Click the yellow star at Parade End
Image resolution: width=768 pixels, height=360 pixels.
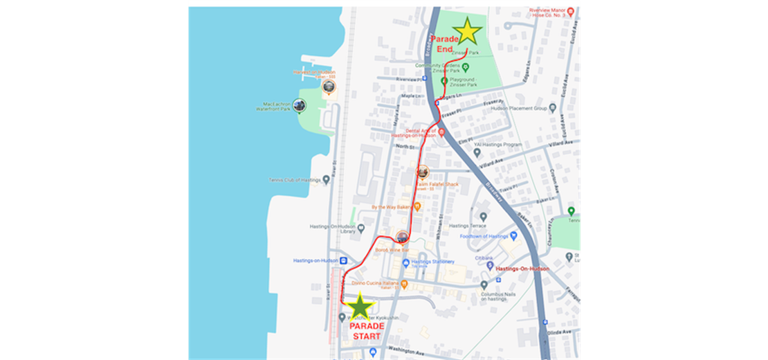(468, 31)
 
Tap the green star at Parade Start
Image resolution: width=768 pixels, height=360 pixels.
(360, 306)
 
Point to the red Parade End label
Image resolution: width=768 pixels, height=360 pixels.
(443, 44)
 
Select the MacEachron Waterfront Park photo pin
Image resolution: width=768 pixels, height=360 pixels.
(300, 105)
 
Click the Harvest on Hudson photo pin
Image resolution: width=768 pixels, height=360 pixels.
(329, 86)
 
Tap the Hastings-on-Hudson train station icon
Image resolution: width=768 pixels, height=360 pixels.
(344, 260)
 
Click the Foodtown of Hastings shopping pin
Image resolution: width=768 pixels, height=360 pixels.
(513, 236)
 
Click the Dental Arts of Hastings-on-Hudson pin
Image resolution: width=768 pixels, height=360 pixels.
(440, 131)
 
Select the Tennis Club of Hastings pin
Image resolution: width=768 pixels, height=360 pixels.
(326, 180)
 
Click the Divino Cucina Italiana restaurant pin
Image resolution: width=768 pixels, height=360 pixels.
(405, 283)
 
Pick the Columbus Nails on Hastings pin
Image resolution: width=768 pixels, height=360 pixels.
(484, 284)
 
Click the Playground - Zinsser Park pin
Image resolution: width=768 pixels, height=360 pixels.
(444, 81)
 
